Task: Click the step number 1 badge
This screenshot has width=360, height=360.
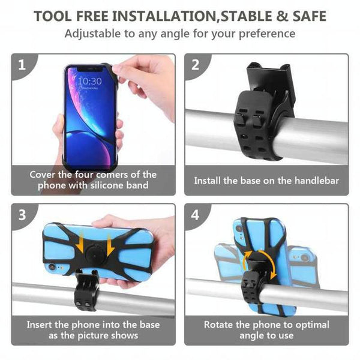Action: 22,65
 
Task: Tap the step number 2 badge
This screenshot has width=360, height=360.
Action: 195,65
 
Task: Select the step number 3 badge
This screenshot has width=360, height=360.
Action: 22,215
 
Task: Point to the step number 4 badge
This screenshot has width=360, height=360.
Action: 195,215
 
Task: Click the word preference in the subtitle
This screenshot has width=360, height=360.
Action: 267,34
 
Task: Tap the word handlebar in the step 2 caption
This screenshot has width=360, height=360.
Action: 317,181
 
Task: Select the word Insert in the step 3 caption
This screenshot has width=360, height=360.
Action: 38,325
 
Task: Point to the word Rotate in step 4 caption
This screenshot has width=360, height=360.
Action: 218,325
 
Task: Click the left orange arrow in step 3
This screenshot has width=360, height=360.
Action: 80,242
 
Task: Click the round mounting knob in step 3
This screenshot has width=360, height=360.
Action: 94,253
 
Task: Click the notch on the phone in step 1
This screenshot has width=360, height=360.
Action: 89,68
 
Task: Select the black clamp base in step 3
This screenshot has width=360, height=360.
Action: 86,289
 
